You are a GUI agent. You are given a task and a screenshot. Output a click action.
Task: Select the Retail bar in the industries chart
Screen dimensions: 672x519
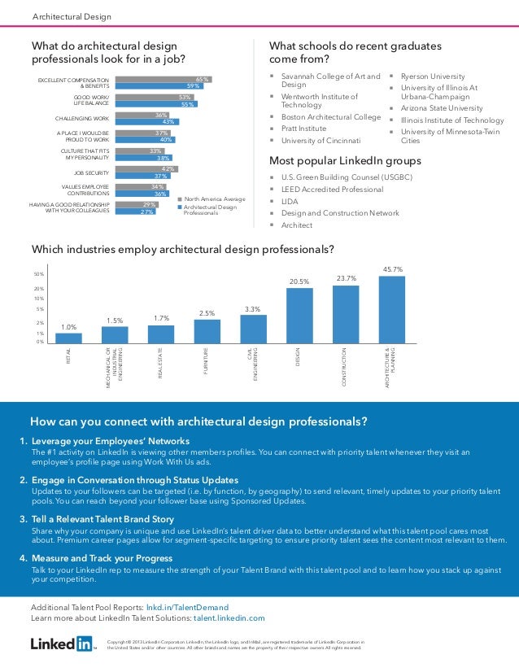[68, 338]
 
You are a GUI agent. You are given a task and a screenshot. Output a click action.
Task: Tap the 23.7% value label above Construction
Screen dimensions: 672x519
[347, 279]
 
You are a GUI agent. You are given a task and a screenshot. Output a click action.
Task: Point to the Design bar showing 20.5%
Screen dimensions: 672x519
[299, 316]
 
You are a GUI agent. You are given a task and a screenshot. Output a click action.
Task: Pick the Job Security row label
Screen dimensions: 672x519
[91, 172]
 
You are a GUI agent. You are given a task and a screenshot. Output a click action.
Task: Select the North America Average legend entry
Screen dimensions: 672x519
[213, 199]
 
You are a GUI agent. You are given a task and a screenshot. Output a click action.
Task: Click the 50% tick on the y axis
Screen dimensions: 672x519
[38, 274]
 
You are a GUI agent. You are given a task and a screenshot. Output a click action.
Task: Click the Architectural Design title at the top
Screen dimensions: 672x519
[72, 17]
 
